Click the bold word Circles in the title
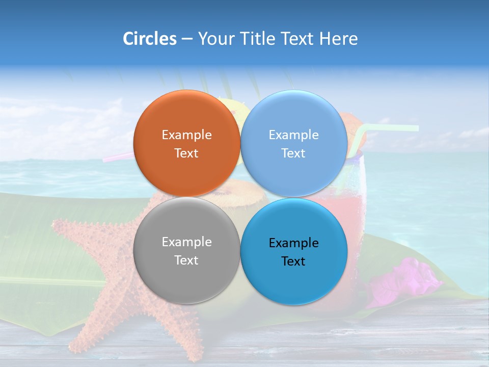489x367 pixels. [149, 39]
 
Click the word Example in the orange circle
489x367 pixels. [186, 135]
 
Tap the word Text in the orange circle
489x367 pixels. [186, 153]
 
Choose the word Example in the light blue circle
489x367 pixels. [293, 135]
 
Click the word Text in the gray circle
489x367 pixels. [186, 260]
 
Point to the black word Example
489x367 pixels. [293, 243]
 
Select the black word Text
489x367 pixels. [293, 261]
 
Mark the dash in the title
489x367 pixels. [187, 39]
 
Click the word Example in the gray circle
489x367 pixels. [186, 242]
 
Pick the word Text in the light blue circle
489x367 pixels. [293, 153]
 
